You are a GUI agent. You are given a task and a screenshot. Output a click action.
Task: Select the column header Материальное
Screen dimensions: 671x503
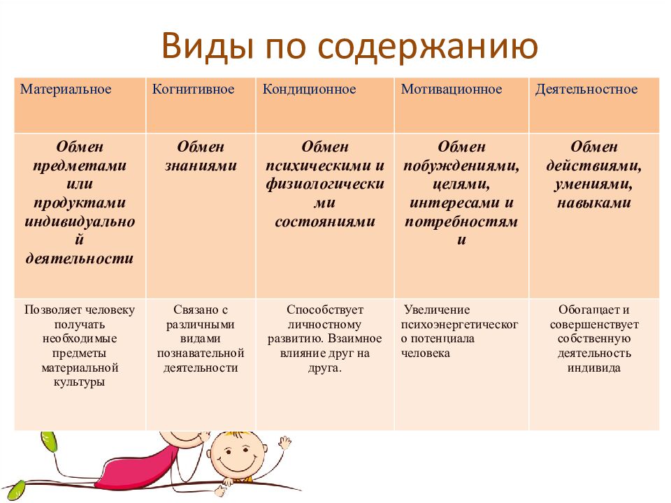tap(66, 89)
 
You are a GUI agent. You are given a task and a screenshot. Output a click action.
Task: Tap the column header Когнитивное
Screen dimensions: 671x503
tap(193, 89)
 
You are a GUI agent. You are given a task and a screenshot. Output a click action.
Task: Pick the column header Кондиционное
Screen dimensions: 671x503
tap(309, 89)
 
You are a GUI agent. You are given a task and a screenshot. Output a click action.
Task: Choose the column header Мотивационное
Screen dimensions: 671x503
tap(452, 89)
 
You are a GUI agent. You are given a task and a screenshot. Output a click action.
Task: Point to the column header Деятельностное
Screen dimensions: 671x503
tap(586, 89)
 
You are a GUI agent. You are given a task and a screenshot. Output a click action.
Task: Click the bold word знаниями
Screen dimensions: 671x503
tap(201, 166)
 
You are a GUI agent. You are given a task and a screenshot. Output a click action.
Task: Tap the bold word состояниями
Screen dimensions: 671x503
tap(325, 221)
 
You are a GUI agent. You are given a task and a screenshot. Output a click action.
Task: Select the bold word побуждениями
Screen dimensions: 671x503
tap(461, 166)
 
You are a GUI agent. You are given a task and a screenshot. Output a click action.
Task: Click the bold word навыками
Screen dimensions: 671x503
tap(594, 203)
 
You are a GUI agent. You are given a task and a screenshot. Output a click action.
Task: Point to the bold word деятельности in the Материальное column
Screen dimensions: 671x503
tap(80, 258)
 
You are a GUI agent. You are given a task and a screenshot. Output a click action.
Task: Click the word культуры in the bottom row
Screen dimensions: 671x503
tap(79, 382)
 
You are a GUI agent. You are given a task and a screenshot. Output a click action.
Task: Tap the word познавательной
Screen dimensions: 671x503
tap(201, 353)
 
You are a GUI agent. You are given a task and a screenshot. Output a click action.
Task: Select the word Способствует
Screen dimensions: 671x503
tap(325, 309)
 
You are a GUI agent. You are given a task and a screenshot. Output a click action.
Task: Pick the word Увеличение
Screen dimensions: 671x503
tap(436, 309)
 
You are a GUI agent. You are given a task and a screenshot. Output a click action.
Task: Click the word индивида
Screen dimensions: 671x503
tap(594, 368)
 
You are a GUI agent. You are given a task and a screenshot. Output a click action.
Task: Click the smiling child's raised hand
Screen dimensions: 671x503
tap(284, 443)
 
